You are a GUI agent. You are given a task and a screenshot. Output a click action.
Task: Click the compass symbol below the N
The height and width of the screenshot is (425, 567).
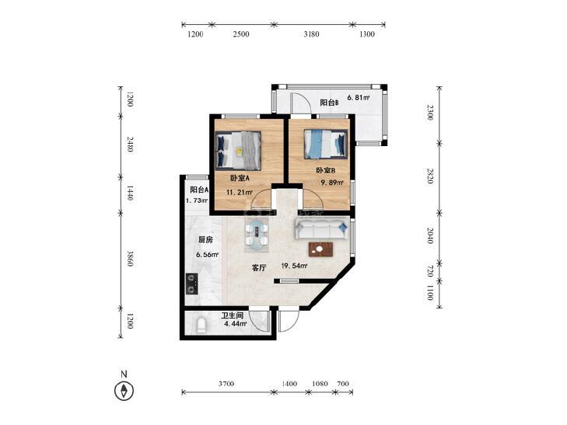coord(124,390)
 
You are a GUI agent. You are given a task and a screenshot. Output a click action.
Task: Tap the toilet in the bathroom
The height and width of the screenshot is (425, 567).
coord(201,326)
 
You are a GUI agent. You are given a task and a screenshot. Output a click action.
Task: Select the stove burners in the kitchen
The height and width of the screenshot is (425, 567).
coord(191,284)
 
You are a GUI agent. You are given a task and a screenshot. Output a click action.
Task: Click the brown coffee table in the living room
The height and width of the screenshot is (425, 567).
coord(320,249)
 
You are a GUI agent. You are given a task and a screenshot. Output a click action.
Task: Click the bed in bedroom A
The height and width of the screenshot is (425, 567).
coord(238,151)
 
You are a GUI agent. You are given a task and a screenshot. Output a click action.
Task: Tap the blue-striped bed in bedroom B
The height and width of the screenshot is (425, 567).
coord(325,144)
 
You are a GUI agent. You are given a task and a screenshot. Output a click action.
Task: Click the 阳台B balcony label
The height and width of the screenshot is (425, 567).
coord(330,103)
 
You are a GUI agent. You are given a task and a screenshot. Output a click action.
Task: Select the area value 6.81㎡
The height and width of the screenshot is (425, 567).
coord(359,97)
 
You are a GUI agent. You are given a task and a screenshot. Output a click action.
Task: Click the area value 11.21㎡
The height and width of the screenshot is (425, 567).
coord(239,193)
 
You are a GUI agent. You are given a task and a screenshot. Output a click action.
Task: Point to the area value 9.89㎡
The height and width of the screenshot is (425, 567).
coord(332,183)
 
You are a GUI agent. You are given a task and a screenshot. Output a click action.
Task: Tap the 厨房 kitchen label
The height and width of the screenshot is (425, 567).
coord(205,240)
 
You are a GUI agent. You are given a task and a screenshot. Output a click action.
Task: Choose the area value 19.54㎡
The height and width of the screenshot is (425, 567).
coord(294,266)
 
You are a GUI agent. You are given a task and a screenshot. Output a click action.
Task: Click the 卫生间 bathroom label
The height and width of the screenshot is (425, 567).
coord(232,315)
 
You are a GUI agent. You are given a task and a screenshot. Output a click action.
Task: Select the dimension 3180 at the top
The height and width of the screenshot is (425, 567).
coord(311,34)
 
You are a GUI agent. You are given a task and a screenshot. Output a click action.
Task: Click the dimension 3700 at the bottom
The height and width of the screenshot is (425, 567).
coord(226,384)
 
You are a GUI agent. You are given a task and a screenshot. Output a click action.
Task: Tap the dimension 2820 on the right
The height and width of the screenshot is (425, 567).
coord(430,176)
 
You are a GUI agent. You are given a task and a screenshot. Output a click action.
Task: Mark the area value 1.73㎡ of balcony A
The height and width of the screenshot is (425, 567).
coord(197,200)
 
